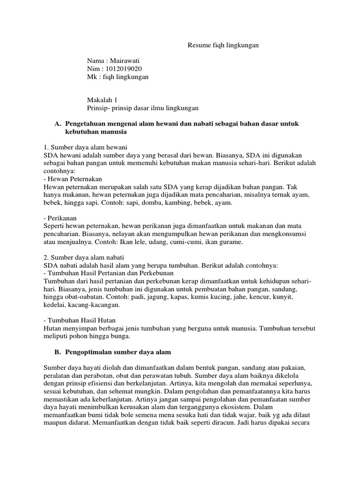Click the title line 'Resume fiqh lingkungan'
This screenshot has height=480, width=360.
[223, 45]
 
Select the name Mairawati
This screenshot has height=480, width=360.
[124, 61]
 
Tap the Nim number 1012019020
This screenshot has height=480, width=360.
[124, 69]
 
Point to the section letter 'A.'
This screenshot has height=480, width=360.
[58, 123]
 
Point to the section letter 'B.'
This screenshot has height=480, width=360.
[58, 352]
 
